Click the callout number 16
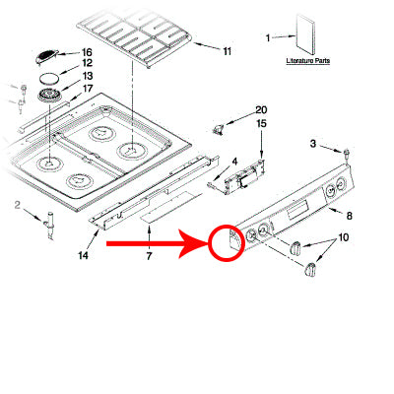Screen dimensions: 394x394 pos(87,51)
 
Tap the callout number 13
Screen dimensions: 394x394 pos(87,76)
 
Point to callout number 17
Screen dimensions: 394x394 pos(87,88)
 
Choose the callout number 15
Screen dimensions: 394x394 pos(261,123)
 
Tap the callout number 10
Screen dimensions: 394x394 pos(344,237)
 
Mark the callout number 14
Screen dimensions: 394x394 pos(83,256)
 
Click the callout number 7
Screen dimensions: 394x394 pos(149,256)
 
